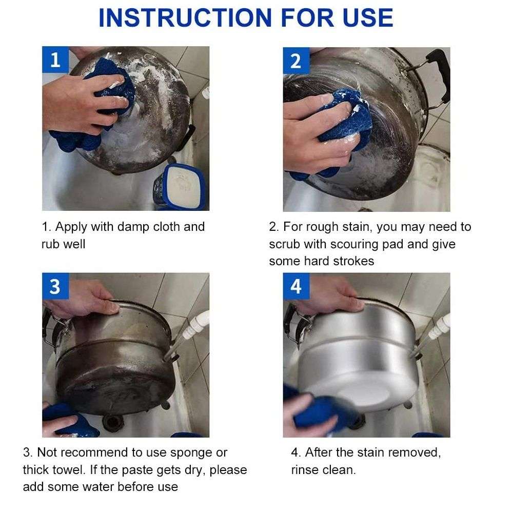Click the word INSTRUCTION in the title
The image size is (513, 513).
[185, 17]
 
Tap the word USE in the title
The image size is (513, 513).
[367, 17]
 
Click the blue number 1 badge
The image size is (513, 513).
[55, 60]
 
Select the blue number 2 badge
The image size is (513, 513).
[296, 61]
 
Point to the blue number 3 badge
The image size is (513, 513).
[55, 286]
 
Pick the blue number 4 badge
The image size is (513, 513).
[296, 286]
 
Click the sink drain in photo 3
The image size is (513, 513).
[113, 422]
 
